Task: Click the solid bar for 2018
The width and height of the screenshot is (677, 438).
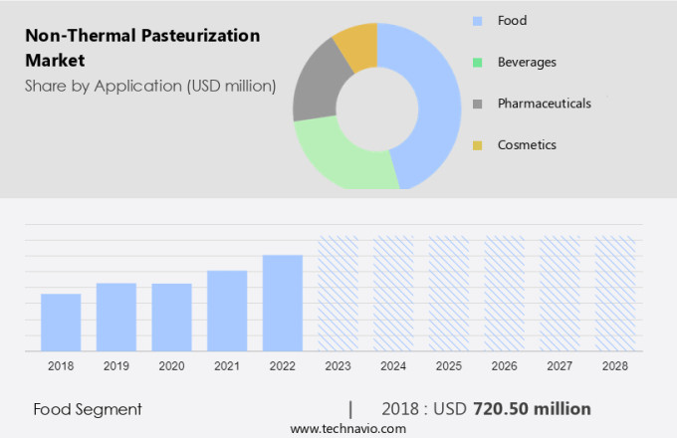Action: click(61, 322)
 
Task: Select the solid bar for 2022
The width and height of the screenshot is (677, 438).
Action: click(283, 303)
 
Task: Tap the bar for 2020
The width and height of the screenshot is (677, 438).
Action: click(171, 317)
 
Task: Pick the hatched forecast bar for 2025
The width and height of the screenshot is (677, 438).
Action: click(449, 294)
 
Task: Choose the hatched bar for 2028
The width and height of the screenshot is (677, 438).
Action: click(615, 294)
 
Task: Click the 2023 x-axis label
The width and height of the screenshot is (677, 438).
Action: click(338, 366)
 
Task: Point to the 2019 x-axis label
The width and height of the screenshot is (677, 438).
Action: click(115, 366)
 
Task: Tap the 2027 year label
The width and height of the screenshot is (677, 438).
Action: click(560, 366)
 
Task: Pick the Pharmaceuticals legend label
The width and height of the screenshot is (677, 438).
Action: click(545, 104)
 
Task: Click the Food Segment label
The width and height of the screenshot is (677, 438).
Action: click(88, 409)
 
